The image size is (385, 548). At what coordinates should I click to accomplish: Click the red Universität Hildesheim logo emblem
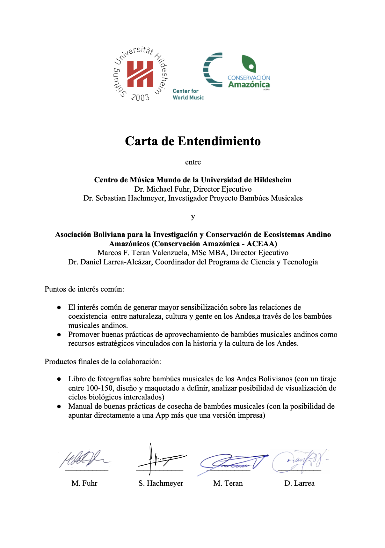click(x=140, y=74)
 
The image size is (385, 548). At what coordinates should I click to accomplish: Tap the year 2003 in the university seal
click(x=140, y=97)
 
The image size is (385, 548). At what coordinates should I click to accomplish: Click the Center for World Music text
click(x=188, y=94)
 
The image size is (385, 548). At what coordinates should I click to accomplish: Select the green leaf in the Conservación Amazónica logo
click(x=249, y=64)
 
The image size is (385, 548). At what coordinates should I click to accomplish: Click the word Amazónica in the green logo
click(x=249, y=85)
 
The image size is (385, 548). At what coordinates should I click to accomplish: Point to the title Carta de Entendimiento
click(x=193, y=141)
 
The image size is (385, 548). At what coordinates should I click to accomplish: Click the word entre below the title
click(x=193, y=162)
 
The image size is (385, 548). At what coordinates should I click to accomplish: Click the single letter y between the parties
click(x=193, y=217)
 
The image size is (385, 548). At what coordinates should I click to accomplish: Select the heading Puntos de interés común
click(x=84, y=289)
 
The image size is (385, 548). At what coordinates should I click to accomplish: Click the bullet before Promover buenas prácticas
click(x=59, y=335)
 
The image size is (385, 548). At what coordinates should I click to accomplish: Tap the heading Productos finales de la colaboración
click(x=103, y=362)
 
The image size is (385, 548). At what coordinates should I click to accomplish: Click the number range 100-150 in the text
click(x=99, y=388)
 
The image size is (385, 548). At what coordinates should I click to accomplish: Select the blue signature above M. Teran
click(x=233, y=462)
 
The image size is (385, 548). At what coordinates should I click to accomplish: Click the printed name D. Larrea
click(x=299, y=483)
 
